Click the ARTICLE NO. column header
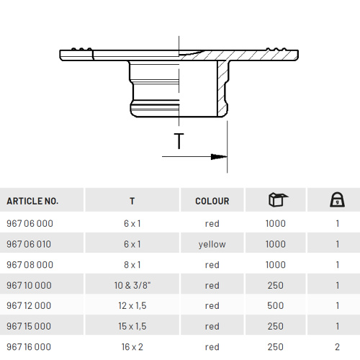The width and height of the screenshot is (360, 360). (32, 201)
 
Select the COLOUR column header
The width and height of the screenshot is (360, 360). (212, 201)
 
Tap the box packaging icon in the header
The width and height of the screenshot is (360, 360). (278, 199)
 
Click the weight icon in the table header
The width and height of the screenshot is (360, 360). (337, 199)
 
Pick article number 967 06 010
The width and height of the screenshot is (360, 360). (29, 244)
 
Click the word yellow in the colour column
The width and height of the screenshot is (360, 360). (212, 245)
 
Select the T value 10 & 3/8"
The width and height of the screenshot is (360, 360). (132, 285)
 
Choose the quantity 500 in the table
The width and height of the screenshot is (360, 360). (276, 306)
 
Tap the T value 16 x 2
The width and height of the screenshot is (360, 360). (132, 347)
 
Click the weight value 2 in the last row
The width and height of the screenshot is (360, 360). (337, 347)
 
